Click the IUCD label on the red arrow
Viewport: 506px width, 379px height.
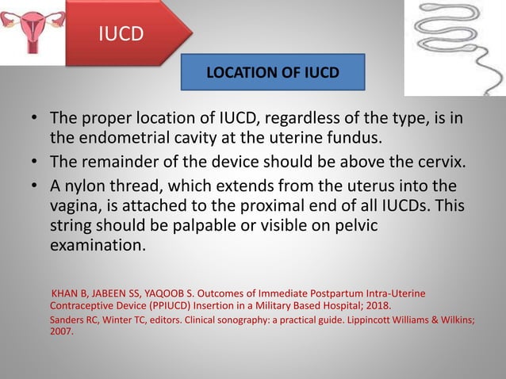(120, 35)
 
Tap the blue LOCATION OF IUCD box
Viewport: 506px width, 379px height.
(273, 73)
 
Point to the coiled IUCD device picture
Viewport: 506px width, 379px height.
(454, 47)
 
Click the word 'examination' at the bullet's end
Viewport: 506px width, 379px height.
(96, 245)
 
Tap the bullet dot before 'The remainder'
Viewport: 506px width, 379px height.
(35, 163)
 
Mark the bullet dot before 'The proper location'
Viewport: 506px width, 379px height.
(35, 119)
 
